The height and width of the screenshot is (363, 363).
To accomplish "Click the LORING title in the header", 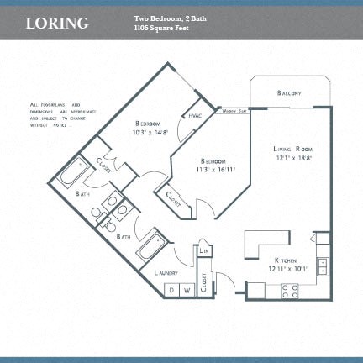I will click(x=56, y=23).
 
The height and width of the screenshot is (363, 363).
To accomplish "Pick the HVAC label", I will click(x=195, y=115).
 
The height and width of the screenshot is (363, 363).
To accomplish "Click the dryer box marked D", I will click(x=171, y=290).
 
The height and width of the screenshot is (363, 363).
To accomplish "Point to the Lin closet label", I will click(x=203, y=250).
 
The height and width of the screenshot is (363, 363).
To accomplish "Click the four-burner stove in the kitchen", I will click(x=290, y=291).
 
